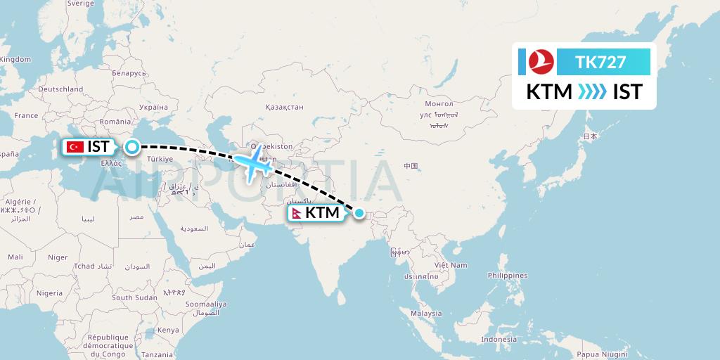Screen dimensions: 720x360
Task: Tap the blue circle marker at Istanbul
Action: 131,147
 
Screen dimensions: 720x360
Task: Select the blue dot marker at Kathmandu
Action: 359,213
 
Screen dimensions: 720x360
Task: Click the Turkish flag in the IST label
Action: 74,147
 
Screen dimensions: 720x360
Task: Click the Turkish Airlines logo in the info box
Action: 541,62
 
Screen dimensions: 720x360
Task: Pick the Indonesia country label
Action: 499,340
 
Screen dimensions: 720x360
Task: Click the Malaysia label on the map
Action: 426,314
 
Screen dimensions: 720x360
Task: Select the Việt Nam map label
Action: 451,265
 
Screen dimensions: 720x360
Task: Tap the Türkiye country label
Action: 160,159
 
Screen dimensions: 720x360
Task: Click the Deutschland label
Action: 60,89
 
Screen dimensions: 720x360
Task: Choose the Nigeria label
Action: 50,292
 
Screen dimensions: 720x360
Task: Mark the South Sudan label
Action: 134,297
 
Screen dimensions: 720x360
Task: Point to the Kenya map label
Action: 168,330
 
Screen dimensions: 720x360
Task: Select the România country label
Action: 115,122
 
